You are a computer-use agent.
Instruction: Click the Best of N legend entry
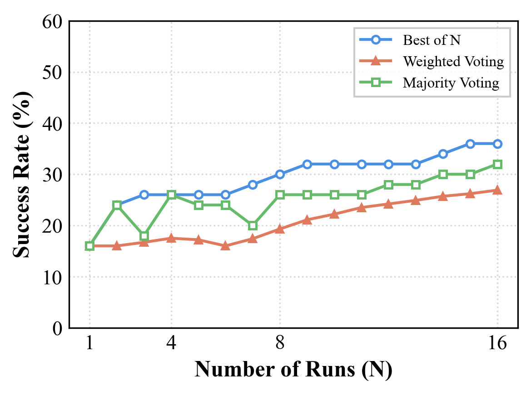tap(432, 40)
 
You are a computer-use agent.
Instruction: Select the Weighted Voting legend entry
tap(453, 61)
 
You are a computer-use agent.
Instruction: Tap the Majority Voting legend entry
tap(451, 83)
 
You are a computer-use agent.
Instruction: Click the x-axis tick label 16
tap(497, 344)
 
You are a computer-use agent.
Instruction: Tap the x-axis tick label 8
tap(280, 344)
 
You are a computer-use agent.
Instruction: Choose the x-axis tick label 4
tap(171, 344)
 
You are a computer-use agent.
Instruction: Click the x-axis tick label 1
tap(89, 344)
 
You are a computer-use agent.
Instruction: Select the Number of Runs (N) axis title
tap(293, 370)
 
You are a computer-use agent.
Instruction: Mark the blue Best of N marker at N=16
tap(497, 144)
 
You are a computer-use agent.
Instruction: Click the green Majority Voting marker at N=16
tap(497, 164)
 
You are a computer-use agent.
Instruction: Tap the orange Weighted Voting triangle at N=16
tap(497, 190)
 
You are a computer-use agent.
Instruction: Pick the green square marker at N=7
tap(253, 225)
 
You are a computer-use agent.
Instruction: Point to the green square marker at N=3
tap(144, 236)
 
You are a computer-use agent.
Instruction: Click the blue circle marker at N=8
tap(280, 175)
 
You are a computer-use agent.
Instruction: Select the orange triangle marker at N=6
tap(225, 246)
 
